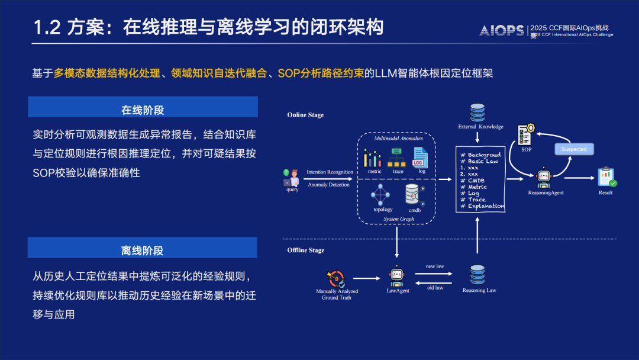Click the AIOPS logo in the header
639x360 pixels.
coord(502,30)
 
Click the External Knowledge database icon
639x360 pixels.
coord(477,112)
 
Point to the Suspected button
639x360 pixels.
coord(574,149)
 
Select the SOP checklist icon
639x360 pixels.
coord(526,134)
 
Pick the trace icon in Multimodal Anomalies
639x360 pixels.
coord(397,157)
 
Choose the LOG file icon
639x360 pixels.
coord(420,157)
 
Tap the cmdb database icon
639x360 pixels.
coord(414,195)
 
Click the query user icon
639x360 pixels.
coord(291,178)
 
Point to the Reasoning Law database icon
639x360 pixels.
coord(477,275)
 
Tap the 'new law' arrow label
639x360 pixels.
coord(435,266)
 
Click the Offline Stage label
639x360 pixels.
coord(306,250)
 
